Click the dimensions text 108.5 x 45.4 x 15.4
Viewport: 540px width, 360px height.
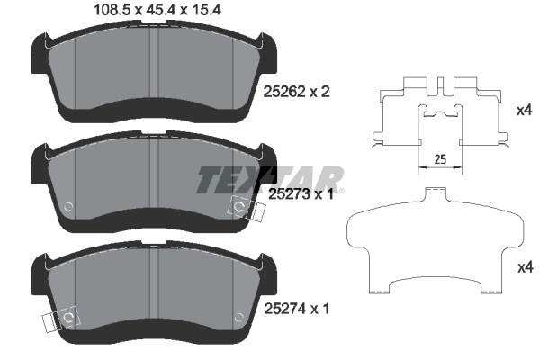point(157,10)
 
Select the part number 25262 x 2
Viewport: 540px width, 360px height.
point(296,92)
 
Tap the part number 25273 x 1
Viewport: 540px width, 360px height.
point(301,194)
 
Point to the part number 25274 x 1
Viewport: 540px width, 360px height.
point(296,309)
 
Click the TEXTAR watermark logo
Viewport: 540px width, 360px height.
point(270,180)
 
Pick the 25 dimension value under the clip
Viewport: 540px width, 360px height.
point(440,159)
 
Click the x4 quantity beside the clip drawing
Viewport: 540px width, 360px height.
point(525,111)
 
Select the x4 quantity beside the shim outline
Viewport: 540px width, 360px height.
point(526,267)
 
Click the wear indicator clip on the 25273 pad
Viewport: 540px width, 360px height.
point(247,209)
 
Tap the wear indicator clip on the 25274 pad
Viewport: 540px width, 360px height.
point(61,319)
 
